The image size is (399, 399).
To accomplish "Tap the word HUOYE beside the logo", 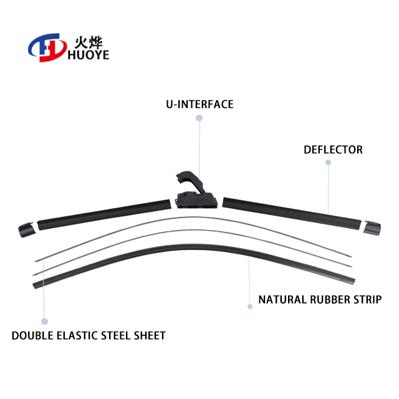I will pyautogui.click(x=85, y=55).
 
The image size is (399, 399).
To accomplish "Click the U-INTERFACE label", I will pyautogui.click(x=199, y=104).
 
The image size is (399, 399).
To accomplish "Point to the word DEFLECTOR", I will pyautogui.click(x=333, y=150).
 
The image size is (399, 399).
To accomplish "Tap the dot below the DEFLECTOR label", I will pyautogui.click(x=328, y=163).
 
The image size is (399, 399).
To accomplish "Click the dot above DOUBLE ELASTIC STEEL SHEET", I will pyautogui.click(x=44, y=321).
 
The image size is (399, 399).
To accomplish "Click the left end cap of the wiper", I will pyautogui.click(x=27, y=229).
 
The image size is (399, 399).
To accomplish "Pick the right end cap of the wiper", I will pyautogui.click(x=373, y=228).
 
